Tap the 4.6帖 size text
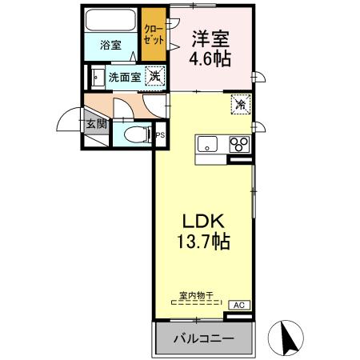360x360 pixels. click(x=211, y=60)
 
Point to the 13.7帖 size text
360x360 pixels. click(x=204, y=241)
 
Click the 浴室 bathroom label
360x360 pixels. click(x=111, y=45)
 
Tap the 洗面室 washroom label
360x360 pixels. click(x=124, y=78)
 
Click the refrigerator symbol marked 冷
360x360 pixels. click(x=239, y=104)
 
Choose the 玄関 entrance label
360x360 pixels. click(x=96, y=124)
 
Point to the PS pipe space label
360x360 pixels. click(x=160, y=135)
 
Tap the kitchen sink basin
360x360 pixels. click(x=207, y=145)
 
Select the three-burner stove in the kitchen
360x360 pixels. click(x=238, y=145)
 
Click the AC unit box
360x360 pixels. click(x=238, y=305)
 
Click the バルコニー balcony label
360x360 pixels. click(x=204, y=339)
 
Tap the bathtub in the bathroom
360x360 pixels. click(x=111, y=22)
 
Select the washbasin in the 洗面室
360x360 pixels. click(x=96, y=78)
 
